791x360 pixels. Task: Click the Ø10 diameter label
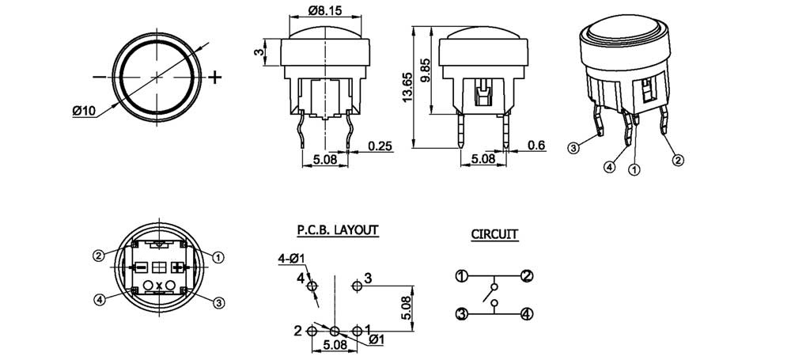pyautogui.click(x=83, y=111)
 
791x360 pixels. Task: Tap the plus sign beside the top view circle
pyautogui.click(x=215, y=78)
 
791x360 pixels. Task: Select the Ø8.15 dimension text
pyautogui.click(x=324, y=9)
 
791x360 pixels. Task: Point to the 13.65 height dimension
pyautogui.click(x=407, y=87)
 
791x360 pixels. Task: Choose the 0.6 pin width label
pyautogui.click(x=536, y=146)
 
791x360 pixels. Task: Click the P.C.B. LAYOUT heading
pyautogui.click(x=338, y=230)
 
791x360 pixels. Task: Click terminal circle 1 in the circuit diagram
pyautogui.click(x=461, y=276)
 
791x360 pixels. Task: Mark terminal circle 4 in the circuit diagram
pyautogui.click(x=527, y=314)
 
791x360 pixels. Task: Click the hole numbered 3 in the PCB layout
pyautogui.click(x=358, y=286)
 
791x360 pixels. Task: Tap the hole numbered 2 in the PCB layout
pyautogui.click(x=312, y=332)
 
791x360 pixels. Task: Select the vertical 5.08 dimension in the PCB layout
pyautogui.click(x=407, y=309)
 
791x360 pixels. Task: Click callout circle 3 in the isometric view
pyautogui.click(x=573, y=148)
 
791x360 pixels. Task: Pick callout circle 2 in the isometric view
pyautogui.click(x=679, y=161)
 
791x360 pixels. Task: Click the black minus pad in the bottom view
pyautogui.click(x=142, y=267)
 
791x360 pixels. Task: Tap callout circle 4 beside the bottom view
pyautogui.click(x=100, y=300)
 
